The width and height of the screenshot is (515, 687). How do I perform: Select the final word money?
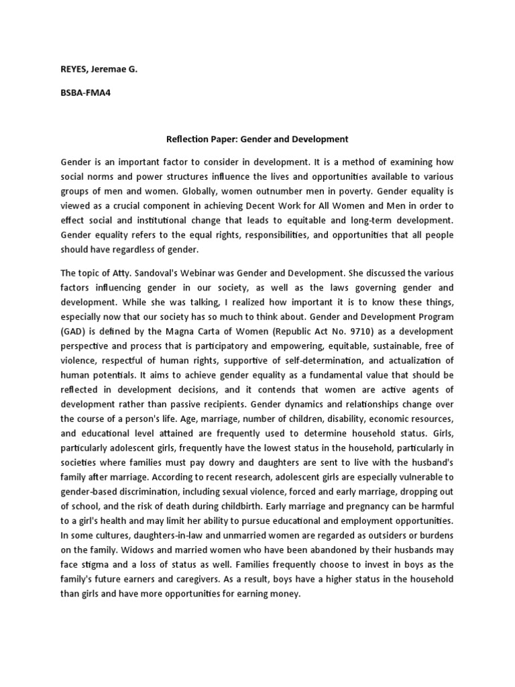pos(286,592)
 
